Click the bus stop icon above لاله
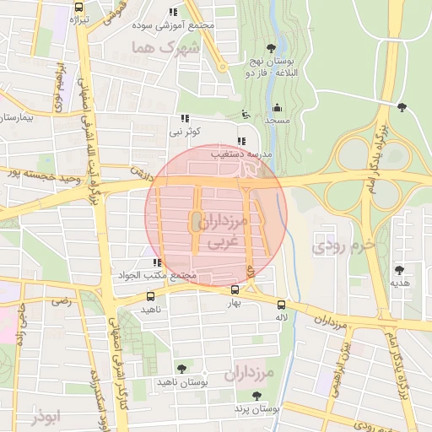click(281, 305)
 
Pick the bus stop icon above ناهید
click(151, 296)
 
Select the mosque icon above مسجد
click(278, 107)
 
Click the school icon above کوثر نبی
click(184, 119)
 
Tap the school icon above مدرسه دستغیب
click(240, 141)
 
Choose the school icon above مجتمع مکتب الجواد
click(156, 263)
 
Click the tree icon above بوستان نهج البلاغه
click(270, 48)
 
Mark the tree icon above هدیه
click(399, 270)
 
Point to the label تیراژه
click(78, 19)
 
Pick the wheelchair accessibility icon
click(245, 114)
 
